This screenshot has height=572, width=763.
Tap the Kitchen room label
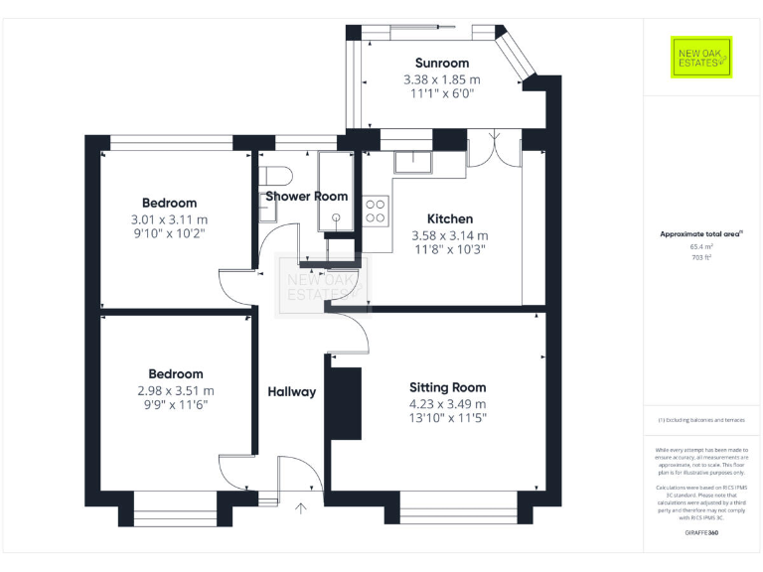click(449, 218)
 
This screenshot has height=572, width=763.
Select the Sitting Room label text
click(447, 387)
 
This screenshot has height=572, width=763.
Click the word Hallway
click(292, 391)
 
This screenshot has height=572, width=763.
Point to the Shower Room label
click(306, 197)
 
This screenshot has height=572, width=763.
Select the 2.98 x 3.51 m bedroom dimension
click(175, 390)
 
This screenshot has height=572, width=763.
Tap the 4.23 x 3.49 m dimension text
click(447, 404)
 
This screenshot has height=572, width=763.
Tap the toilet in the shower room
click(275, 177)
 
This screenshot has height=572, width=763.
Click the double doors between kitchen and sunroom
click(493, 149)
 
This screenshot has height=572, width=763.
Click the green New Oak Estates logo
click(700, 58)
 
